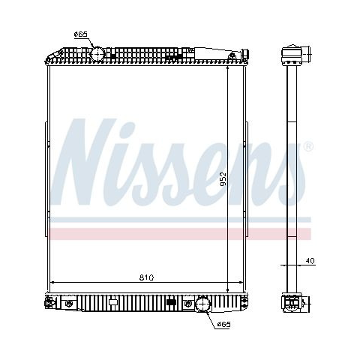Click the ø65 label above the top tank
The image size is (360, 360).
point(81,34)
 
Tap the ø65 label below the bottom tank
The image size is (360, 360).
point(223,324)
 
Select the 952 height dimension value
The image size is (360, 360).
point(223,178)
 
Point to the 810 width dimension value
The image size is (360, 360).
point(146,277)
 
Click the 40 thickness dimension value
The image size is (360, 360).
point(310,261)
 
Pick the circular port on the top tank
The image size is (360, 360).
point(97,54)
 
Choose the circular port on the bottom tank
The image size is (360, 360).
point(202,304)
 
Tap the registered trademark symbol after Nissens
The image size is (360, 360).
point(308,146)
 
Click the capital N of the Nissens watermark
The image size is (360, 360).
point(84,162)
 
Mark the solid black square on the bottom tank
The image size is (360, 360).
point(171,302)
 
